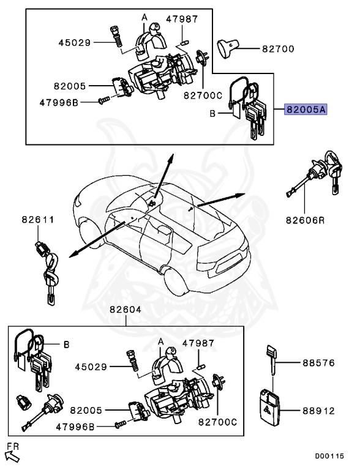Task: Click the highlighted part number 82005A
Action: coord(306,110)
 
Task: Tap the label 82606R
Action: coord(304,218)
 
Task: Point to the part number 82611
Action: coord(39,218)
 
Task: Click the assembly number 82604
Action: coord(126,310)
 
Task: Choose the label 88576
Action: coord(318,363)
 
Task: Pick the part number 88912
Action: coord(318,412)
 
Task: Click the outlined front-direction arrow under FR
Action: coord(12,457)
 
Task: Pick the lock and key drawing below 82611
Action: coord(47,269)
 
